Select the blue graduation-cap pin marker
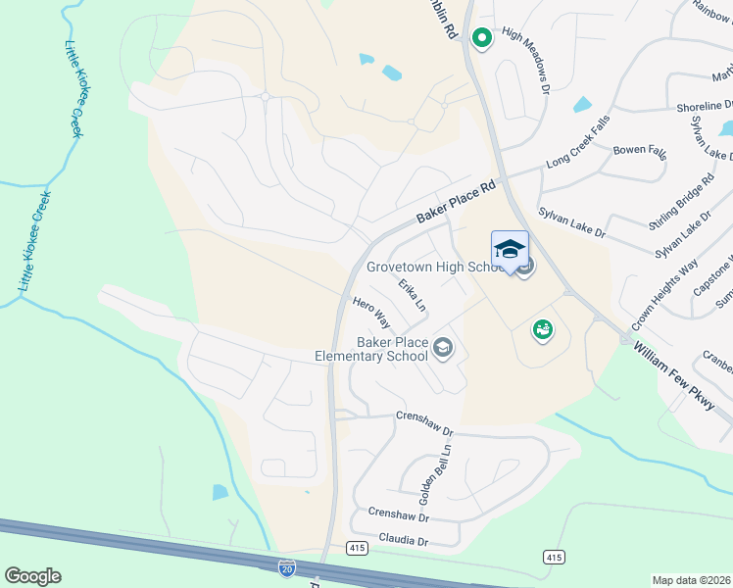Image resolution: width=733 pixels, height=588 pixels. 510,251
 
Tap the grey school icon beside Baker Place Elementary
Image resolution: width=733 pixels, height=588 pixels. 443,348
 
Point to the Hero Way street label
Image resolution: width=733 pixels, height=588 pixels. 371,314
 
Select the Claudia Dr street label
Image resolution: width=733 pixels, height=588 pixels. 397,541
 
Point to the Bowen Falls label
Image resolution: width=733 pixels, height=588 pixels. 639,153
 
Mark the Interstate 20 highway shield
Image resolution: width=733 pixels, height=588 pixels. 286,567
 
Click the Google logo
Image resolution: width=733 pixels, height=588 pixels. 32,576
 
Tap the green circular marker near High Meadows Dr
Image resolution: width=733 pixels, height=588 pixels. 481,38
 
